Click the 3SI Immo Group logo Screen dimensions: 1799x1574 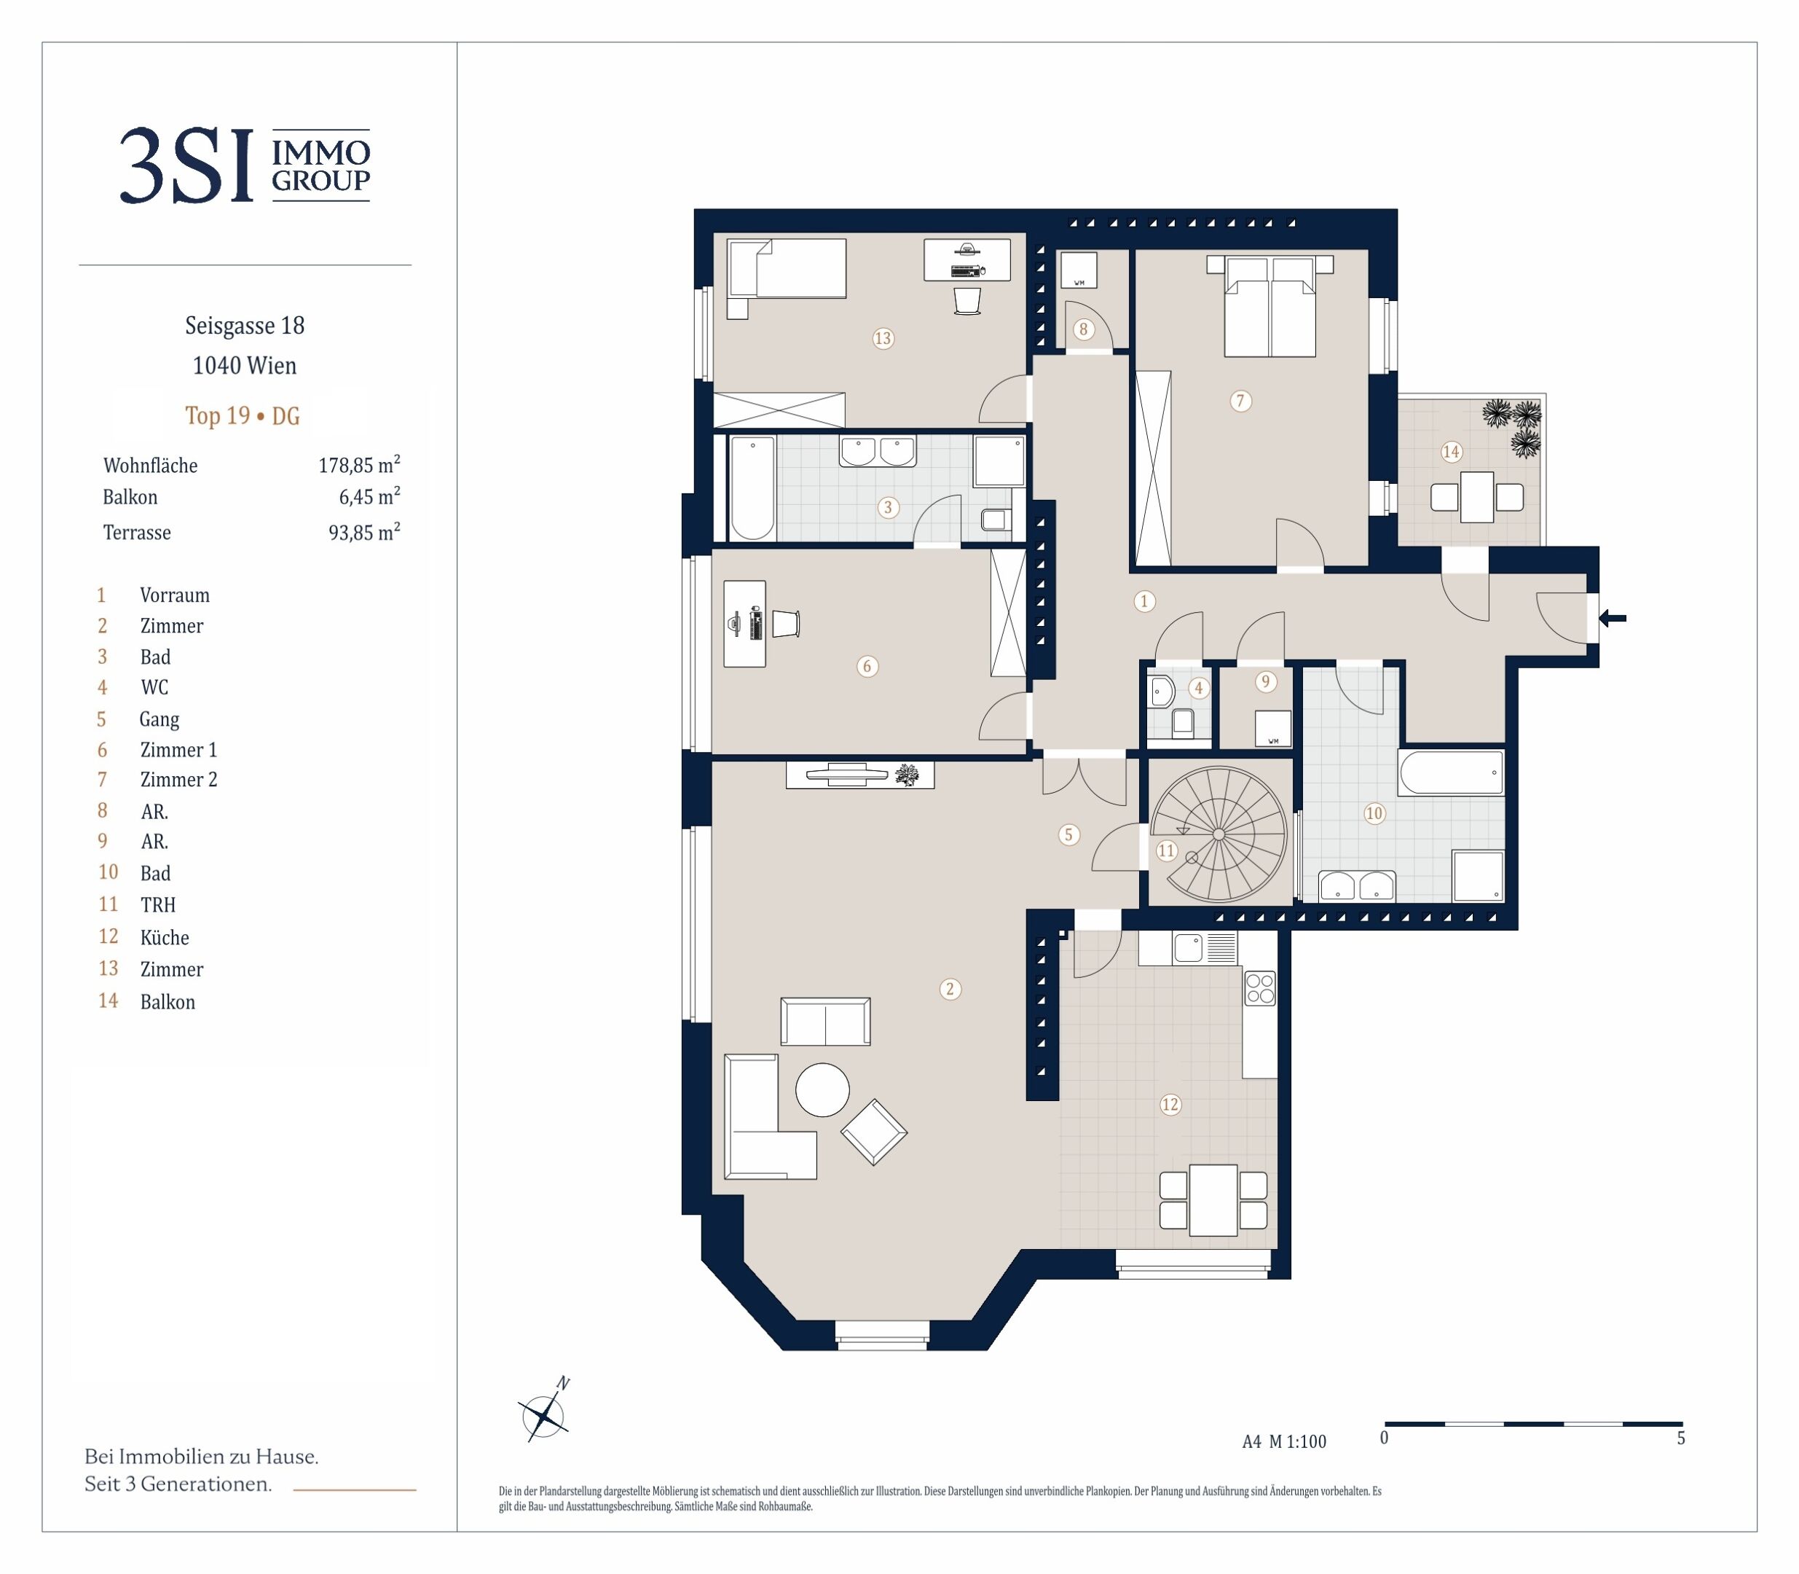[x=245, y=165]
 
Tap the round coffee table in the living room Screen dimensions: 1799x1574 [x=823, y=1089]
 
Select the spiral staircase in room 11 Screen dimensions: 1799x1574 [x=1219, y=834]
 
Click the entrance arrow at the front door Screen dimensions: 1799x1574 [x=1612, y=619]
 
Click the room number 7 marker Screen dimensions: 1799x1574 [x=1240, y=402]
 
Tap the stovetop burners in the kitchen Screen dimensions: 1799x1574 [x=1260, y=987]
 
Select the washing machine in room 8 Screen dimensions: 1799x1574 [x=1079, y=270]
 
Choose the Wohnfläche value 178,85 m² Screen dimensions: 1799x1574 [x=359, y=465]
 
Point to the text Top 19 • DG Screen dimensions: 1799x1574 [x=243, y=415]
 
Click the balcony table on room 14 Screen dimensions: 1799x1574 [x=1477, y=497]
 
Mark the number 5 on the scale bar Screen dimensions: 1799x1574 [x=1680, y=1438]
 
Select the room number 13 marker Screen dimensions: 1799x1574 [x=882, y=338]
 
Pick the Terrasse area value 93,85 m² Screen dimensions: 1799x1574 [x=364, y=532]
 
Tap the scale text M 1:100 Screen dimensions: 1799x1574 [x=1298, y=1441]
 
